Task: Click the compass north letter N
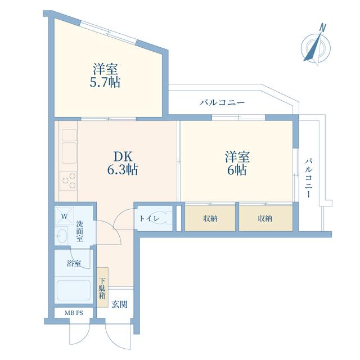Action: (323, 28)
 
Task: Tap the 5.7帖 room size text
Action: (105, 82)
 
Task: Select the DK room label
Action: (123, 156)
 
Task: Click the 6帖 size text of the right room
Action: (237, 170)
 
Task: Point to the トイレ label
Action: (149, 218)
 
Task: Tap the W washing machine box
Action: (64, 216)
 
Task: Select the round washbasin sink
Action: (62, 235)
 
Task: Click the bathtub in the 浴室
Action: (74, 290)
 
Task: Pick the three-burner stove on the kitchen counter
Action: (68, 181)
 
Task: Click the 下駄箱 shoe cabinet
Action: (102, 287)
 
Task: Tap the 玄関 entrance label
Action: (119, 304)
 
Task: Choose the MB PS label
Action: (74, 313)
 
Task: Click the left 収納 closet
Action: (210, 218)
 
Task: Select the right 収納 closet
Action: (265, 218)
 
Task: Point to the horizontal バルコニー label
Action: (222, 102)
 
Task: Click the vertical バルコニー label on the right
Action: (309, 178)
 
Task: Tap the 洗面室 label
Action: (80, 231)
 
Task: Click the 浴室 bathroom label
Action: (74, 263)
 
